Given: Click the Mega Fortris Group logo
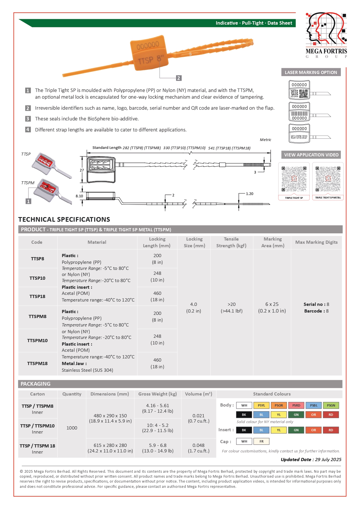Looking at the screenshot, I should [326, 35].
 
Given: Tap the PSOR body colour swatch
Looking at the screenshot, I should [279, 405].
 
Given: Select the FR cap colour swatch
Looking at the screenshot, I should [261, 441].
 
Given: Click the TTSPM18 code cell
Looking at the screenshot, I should [37, 363].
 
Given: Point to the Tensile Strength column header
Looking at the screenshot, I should [231, 242].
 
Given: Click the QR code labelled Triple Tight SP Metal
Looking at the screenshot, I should [328, 179].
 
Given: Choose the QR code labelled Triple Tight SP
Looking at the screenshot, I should [294, 179].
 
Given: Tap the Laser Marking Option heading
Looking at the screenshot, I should [311, 72].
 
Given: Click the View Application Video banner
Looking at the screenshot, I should [311, 155].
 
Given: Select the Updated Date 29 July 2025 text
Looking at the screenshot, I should [311, 459].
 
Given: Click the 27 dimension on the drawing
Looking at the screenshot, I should [82, 170].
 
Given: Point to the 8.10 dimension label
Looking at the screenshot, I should [79, 196].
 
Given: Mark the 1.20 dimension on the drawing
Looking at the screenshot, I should [249, 194].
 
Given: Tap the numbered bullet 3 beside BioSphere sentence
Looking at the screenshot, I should [28, 119].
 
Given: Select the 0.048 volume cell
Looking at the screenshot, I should [198, 445].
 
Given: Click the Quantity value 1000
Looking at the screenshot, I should [72, 428].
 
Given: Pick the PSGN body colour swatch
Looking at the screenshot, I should [331, 405].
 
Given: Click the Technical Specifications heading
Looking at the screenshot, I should [64, 219].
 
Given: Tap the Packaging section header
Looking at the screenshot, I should [35, 384].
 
